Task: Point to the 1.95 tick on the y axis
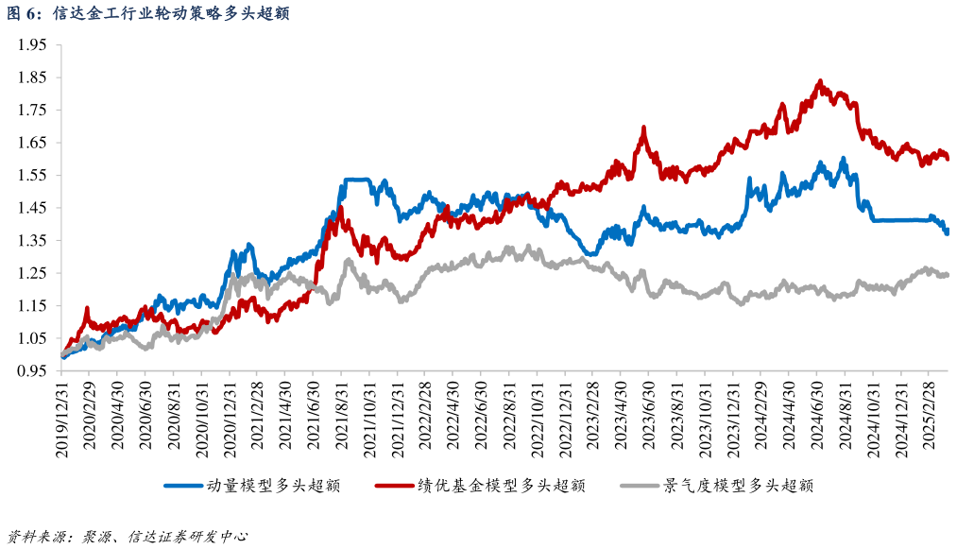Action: point(32,44)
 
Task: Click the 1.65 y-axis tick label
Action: point(32,143)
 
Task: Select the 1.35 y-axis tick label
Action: point(32,240)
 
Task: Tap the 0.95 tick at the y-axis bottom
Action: point(32,370)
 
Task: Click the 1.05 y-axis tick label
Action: point(32,338)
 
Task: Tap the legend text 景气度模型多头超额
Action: point(739,486)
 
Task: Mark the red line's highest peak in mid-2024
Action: point(819,81)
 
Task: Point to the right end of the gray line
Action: point(947,275)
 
